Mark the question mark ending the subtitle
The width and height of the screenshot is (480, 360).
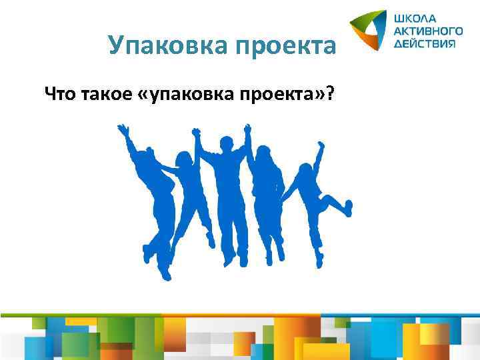pos(331,96)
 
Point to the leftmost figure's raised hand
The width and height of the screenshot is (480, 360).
pos(123,131)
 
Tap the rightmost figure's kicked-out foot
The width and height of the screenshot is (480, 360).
pos(347,207)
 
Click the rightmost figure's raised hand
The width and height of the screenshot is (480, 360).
pos(321,146)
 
